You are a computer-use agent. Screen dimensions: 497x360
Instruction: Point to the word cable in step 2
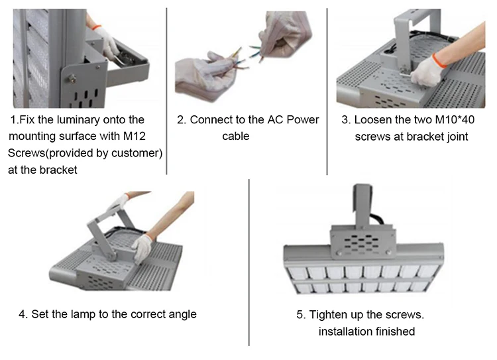click(x=236, y=137)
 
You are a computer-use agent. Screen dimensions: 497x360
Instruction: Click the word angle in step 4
click(x=181, y=314)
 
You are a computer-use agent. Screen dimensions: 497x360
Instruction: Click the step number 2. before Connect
click(x=181, y=120)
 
